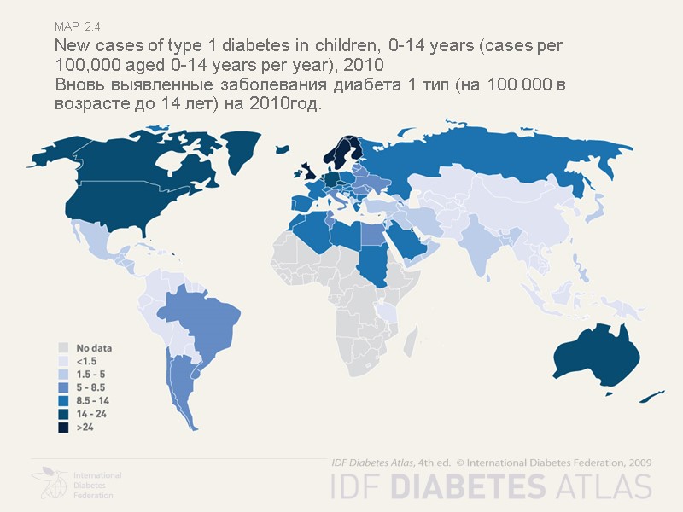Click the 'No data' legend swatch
coord(63,348)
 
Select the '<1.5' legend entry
coord(63,361)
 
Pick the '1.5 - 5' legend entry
coord(63,374)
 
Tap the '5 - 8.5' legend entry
coord(63,387)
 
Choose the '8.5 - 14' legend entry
coord(63,400)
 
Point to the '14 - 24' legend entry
coord(63,413)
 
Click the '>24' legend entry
coord(63,427)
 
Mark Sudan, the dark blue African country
coord(371,265)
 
